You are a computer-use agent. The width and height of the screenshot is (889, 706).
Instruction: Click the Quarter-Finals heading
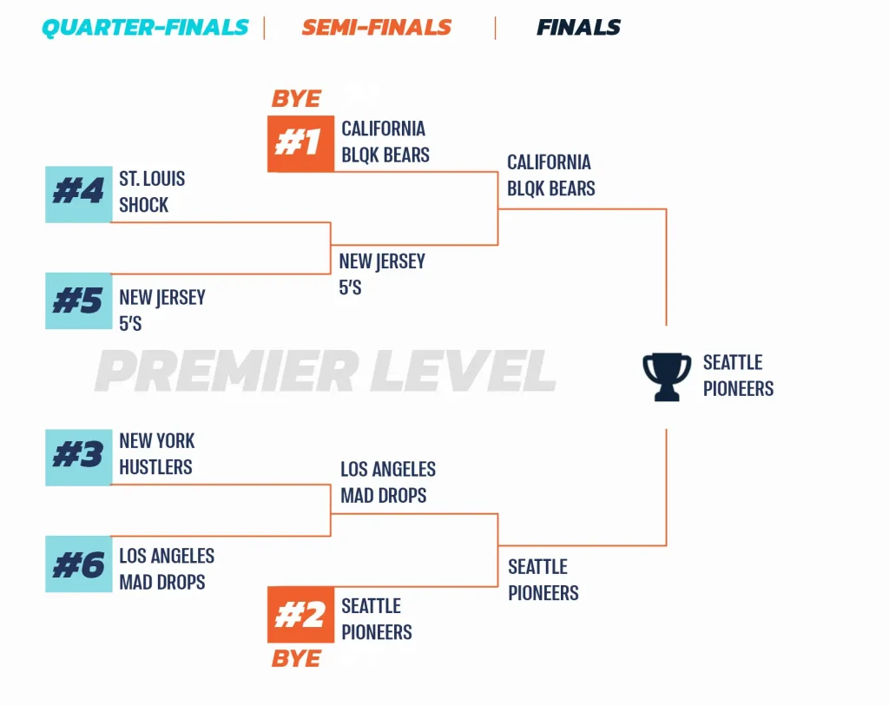[145, 27]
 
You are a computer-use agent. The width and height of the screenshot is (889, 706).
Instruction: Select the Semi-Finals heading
[377, 27]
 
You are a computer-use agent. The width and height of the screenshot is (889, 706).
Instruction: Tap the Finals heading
[578, 27]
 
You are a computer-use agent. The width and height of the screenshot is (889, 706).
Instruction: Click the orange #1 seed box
[300, 143]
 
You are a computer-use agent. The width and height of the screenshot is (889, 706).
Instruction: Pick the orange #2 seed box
[300, 615]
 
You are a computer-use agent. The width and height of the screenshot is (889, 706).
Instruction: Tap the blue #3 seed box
[79, 458]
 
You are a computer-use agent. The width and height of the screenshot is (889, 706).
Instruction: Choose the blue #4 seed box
[79, 195]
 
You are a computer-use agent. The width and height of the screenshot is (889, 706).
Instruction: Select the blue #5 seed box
[79, 301]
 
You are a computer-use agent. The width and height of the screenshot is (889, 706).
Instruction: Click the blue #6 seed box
[79, 564]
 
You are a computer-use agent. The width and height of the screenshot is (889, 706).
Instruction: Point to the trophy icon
[667, 377]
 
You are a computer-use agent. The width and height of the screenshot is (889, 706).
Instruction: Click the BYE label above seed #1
[297, 99]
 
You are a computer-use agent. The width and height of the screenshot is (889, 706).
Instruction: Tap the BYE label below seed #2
[297, 659]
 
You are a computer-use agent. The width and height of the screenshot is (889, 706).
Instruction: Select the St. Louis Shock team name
[152, 192]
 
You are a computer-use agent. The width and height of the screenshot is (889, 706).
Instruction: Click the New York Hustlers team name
[157, 453]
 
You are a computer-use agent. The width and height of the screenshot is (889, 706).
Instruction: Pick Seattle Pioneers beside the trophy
[738, 375]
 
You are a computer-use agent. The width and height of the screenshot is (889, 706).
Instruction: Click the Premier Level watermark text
[326, 371]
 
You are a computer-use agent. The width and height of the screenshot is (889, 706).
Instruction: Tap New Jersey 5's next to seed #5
[162, 310]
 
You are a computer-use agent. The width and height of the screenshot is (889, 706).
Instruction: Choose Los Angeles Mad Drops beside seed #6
[167, 569]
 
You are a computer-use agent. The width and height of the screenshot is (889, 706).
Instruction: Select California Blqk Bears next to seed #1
[385, 142]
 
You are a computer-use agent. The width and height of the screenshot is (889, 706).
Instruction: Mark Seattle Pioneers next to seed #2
[377, 618]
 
